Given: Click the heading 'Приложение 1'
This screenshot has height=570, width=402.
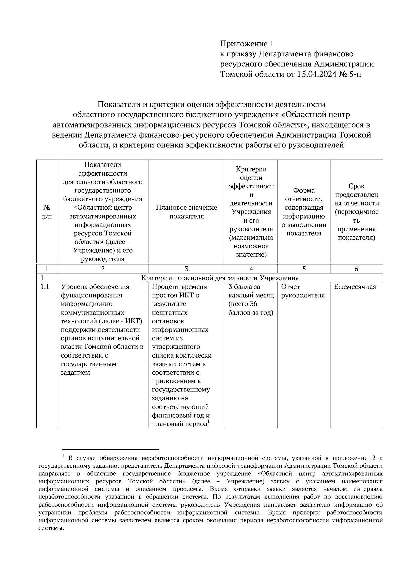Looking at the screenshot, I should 247,44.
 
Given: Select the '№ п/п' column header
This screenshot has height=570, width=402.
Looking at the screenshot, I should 47,212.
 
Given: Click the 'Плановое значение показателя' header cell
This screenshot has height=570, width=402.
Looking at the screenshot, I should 187,212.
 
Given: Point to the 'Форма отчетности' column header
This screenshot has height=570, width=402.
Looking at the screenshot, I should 304,212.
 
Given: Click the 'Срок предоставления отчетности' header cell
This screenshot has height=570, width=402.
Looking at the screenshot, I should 356,212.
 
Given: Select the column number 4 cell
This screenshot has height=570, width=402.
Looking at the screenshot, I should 251,269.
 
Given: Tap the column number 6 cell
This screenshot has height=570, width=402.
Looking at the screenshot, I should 356,269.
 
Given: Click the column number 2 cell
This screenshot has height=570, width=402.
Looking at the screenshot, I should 103,269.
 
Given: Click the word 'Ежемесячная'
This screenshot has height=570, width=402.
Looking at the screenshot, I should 355,287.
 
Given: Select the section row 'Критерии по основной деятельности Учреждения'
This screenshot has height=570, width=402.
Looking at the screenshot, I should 220,278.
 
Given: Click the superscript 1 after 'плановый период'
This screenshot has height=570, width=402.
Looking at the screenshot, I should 209,421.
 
